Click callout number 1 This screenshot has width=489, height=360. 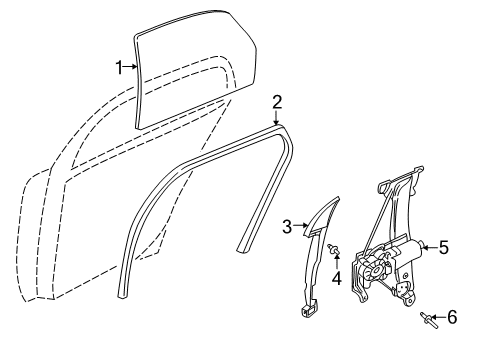(119, 68)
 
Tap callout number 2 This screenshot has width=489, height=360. (277, 102)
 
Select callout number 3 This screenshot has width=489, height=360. (287, 227)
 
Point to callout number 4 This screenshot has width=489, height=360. (337, 278)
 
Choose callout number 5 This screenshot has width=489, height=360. (444, 248)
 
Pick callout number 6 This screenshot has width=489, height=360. (452, 317)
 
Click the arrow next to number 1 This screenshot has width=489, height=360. (130, 67)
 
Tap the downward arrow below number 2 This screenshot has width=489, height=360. (277, 118)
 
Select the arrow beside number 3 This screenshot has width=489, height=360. (301, 226)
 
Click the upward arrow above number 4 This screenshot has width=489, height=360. (337, 262)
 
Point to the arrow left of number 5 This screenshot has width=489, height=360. (430, 247)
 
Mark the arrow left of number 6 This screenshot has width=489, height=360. (439, 317)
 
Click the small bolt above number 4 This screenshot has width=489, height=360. (333, 249)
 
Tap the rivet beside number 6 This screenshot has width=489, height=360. (429, 320)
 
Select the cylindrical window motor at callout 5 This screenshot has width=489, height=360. (408, 248)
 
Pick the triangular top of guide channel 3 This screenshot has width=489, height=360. (322, 217)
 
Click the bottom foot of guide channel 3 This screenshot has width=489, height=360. (309, 310)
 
